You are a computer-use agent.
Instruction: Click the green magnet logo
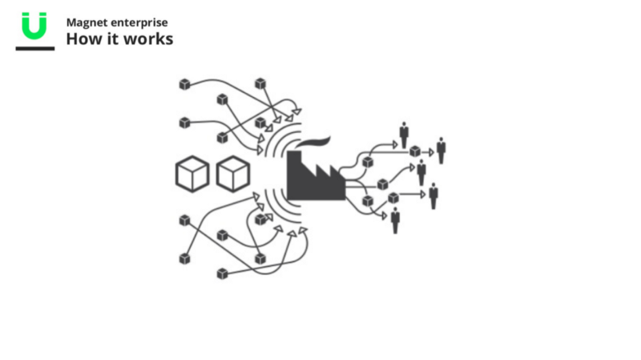coord(34,26)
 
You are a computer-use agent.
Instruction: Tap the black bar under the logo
coord(34,48)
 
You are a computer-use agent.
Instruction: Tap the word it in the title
coord(113,38)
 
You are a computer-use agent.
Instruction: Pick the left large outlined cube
coord(192,173)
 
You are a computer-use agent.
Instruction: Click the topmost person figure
coord(404,134)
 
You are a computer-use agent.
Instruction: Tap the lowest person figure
coord(395,219)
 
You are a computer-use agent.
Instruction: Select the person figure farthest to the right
coord(441,150)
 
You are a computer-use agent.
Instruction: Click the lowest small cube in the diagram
coord(222,274)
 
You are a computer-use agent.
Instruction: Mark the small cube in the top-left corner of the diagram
coord(184,83)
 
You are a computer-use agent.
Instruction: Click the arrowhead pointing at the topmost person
coord(393,144)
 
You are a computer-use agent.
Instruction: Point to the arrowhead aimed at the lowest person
coord(384,215)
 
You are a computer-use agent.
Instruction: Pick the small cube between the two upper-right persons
coord(414,151)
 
